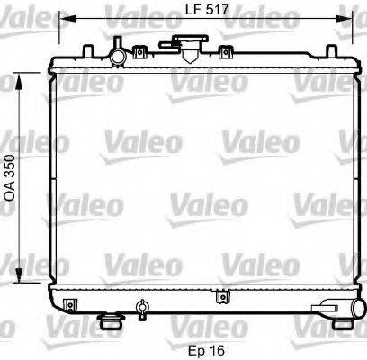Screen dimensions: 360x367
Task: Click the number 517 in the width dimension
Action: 206,12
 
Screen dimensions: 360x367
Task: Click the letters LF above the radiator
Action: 177,12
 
